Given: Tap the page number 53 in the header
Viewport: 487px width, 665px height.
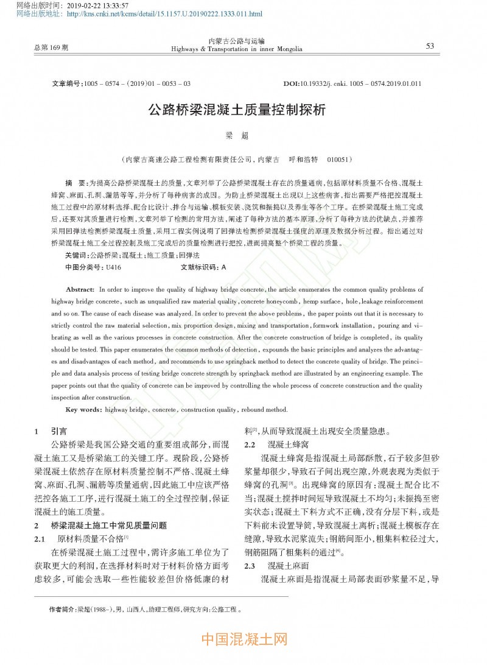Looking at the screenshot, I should (430, 46).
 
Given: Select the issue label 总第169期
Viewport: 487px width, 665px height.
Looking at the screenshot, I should (52, 47).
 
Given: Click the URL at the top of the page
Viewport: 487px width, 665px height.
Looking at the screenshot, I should (165, 13).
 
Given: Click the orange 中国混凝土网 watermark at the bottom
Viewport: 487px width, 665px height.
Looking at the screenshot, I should (243, 639).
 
